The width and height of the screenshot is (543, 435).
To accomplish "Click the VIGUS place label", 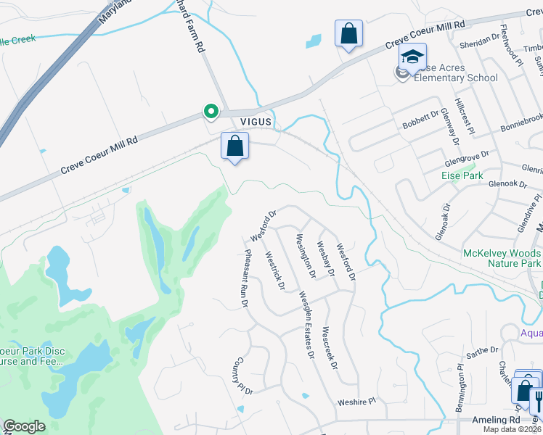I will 255,123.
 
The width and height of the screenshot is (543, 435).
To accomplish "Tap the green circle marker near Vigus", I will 211,112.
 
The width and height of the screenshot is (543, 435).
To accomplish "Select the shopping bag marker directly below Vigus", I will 235,146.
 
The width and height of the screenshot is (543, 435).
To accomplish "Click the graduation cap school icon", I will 412,57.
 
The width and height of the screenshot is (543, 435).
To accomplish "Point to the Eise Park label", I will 462,175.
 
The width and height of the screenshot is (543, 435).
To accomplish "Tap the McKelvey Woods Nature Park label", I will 502,258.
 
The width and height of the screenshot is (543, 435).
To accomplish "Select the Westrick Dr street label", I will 274,270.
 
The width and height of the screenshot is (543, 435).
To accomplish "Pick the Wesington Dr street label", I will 305,255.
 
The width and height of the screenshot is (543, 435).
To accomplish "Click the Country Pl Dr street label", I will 242,376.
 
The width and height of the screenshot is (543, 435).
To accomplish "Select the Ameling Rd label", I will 496,420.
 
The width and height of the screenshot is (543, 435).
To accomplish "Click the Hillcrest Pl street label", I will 463,117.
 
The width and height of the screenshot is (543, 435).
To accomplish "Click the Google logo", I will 24,426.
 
